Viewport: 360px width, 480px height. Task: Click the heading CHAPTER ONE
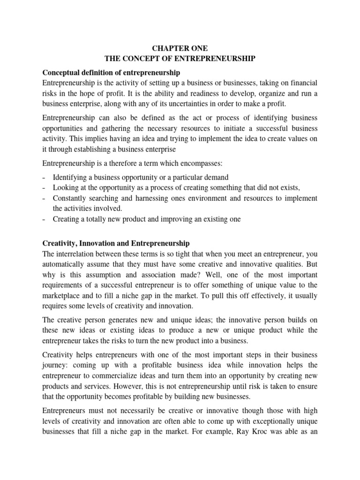click(x=180, y=48)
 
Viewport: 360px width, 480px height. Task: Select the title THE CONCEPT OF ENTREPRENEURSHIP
click(x=180, y=59)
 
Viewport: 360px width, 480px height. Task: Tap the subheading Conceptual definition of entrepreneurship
click(x=111, y=73)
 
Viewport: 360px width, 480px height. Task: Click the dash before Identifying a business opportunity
click(x=44, y=178)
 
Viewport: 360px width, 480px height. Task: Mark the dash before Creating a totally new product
click(x=44, y=219)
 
